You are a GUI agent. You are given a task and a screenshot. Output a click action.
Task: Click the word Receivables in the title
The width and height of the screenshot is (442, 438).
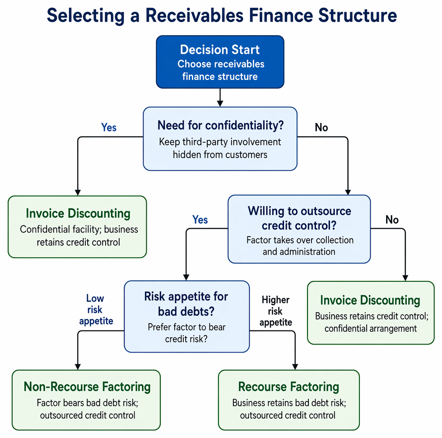coord(194,15)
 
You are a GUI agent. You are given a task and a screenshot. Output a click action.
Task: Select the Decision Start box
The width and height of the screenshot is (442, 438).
coord(220,62)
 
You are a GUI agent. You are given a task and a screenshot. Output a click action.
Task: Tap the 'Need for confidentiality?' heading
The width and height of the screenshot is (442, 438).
coord(220,125)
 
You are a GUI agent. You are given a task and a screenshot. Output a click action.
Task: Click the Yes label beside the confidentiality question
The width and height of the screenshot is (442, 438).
coord(109,127)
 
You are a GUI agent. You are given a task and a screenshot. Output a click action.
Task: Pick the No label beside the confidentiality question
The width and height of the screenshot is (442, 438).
coord(321,127)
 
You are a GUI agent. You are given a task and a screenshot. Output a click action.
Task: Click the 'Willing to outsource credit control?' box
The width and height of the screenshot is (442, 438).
coord(299,229)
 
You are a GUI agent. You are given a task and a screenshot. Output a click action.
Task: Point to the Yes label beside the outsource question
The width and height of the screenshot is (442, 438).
coord(200,219)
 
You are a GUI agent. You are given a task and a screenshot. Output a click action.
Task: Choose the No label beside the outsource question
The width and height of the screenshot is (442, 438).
coord(392,219)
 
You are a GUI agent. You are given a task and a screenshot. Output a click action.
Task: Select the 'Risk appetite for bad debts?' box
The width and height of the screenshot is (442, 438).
coord(187,316)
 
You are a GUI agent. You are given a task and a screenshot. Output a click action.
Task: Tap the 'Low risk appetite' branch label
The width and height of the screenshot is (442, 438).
coord(96,309)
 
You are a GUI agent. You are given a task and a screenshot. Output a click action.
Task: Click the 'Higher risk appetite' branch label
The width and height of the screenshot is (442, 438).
coord(276,311)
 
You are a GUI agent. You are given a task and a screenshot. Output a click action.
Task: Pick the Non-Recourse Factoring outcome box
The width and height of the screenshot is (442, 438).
coord(86,400)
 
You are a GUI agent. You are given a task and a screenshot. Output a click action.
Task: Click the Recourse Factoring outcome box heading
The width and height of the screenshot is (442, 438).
coord(288,387)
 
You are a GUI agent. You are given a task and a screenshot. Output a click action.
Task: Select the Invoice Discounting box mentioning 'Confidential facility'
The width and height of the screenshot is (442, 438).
coord(77,227)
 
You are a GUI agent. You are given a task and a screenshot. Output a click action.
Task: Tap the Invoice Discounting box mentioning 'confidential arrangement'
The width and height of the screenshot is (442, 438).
coord(371,312)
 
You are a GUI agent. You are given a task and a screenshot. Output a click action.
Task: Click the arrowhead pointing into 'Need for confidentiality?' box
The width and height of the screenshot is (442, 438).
coord(220,103)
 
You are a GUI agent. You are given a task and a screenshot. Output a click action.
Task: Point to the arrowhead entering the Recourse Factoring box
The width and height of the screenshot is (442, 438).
coord(295,366)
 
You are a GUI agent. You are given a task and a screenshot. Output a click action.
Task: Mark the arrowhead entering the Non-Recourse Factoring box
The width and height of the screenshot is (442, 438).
coord(78,366)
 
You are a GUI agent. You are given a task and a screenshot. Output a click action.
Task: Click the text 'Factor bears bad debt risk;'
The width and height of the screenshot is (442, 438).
coord(88,403)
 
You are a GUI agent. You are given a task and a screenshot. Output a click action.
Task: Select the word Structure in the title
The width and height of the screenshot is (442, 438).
coord(358,15)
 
